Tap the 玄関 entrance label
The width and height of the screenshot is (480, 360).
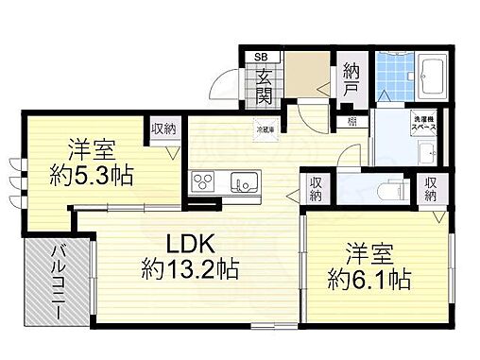pyautogui.click(x=263, y=83)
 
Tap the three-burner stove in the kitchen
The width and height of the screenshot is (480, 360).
pyautogui.click(x=203, y=180)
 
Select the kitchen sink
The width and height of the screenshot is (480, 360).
pyautogui.click(x=245, y=180)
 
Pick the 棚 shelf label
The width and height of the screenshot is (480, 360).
pyautogui.click(x=351, y=120)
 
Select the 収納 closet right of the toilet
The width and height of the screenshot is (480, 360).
pyautogui.click(x=432, y=188)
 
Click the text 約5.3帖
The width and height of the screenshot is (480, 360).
pyautogui.click(x=91, y=175)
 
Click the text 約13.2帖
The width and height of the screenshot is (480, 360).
pyautogui.click(x=190, y=269)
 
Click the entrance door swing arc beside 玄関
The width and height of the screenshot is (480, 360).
pyautogui.click(x=227, y=90)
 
